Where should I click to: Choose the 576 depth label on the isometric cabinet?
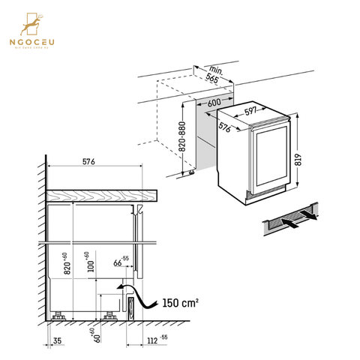point(223,128)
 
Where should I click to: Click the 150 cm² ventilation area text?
point(181,304)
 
